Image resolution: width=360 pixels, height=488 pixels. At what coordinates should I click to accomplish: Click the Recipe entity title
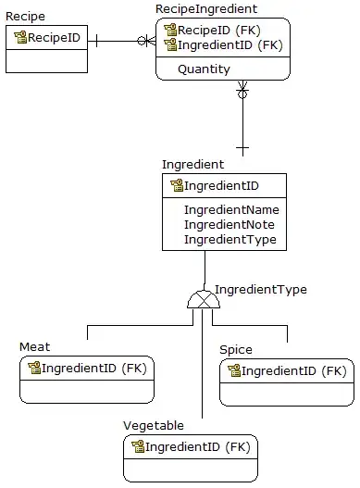pos(25,17)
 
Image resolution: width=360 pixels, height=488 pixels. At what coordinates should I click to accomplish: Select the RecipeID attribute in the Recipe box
pos(54,38)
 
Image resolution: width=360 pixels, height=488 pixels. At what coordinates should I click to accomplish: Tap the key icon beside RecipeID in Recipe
pos(20,37)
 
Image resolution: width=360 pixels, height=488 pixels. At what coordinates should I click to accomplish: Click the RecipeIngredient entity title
pos(206,9)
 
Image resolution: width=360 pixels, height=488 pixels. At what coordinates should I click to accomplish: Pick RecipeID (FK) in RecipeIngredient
pos(219,31)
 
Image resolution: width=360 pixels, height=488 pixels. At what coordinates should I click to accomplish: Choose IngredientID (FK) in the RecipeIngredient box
pos(230,45)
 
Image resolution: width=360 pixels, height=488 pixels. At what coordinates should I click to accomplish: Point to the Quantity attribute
pos(204,69)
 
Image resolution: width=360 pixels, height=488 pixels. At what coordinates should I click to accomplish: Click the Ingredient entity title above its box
pos(192,165)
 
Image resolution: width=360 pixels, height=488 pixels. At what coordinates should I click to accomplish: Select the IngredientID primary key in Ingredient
pos(221,186)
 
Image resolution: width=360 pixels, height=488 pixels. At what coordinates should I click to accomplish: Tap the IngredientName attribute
pos(231,210)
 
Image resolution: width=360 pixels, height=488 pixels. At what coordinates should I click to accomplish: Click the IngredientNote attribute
pos(230,225)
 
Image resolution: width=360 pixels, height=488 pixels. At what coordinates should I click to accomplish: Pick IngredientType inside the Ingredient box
pos(230,240)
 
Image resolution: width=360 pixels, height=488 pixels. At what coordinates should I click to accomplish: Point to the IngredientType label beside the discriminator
pos(261,290)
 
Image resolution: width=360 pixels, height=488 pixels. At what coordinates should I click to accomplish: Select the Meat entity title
pos(34,346)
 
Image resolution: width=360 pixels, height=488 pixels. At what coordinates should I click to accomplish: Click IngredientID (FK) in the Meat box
pos(94,369)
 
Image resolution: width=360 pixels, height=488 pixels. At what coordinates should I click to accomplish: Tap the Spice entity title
pos(236,350)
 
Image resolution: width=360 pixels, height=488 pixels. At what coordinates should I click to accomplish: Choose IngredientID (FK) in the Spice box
pos(294,371)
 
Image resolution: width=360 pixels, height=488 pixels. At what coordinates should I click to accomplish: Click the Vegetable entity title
pos(154,426)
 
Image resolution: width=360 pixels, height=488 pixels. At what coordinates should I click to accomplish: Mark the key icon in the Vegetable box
pos(138,446)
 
